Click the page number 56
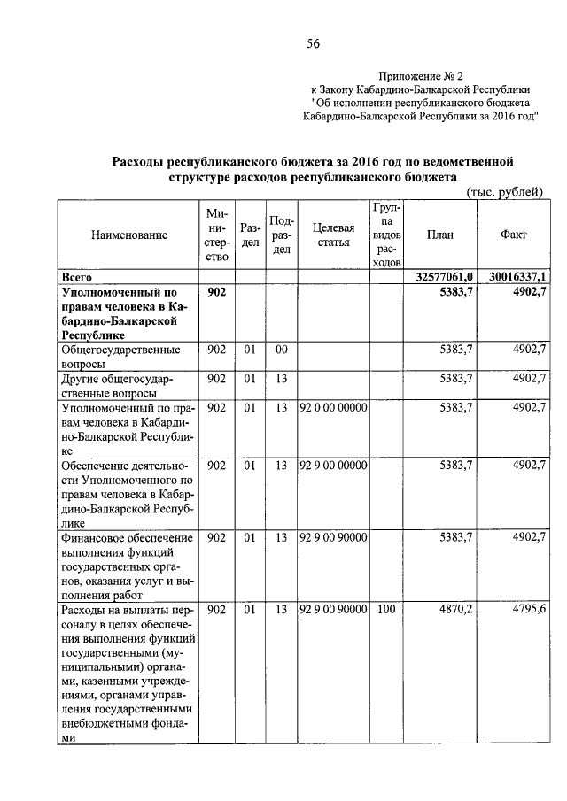(313, 44)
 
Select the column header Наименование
(128, 235)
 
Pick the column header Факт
(514, 235)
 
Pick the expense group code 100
(385, 610)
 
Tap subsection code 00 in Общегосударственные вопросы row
(281, 350)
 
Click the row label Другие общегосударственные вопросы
(115, 386)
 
